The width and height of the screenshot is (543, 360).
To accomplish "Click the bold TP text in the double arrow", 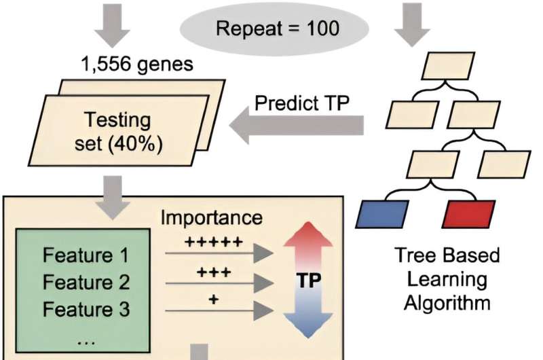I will click(309, 279).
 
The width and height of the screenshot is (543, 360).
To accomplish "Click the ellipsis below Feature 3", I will click(86, 341).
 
